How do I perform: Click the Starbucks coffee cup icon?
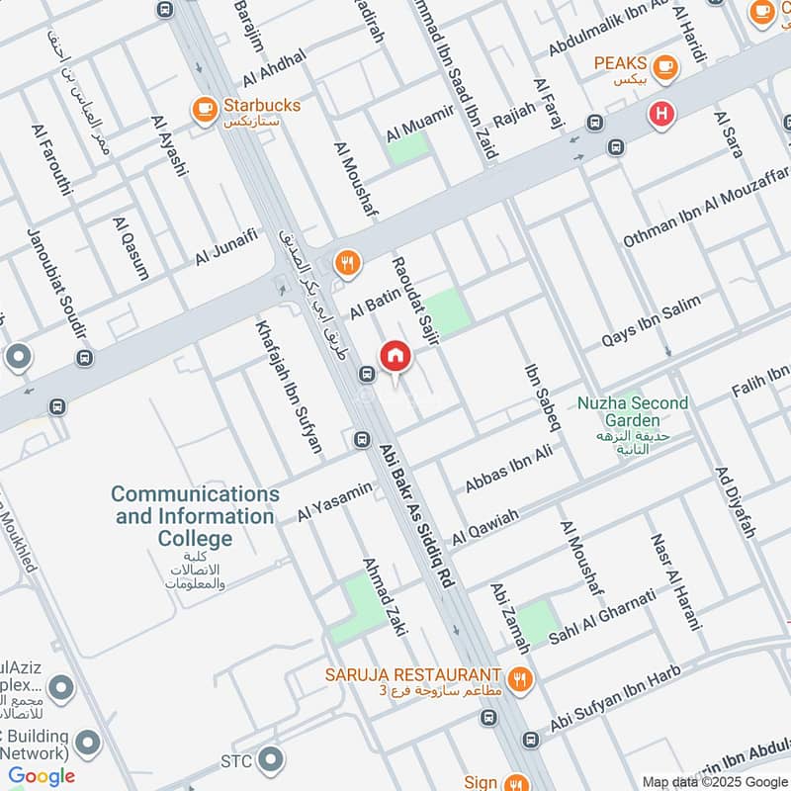tap(205, 109)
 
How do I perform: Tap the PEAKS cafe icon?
tap(665, 66)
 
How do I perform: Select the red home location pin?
tap(395, 357)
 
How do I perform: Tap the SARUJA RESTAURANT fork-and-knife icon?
tap(520, 679)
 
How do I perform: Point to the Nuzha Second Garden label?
tap(633, 412)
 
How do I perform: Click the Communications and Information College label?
tap(195, 515)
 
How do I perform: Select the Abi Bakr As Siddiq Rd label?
tap(416, 517)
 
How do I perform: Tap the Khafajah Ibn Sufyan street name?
tap(290, 386)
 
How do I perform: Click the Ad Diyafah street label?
tap(733, 502)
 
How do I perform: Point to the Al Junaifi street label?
tap(226, 246)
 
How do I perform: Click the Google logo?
tap(42, 776)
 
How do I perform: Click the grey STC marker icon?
tap(268, 760)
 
